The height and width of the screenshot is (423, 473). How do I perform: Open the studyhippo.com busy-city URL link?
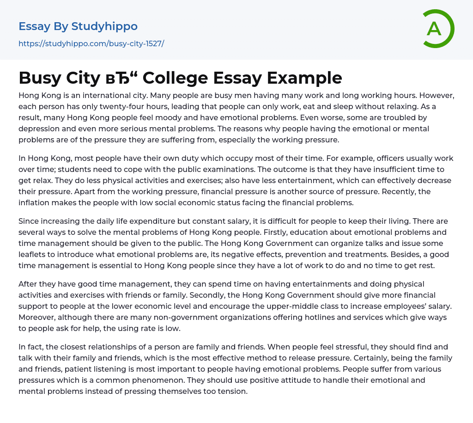pyautogui.click(x=91, y=44)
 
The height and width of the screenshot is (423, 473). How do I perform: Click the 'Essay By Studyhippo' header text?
pyautogui.click(x=78, y=26)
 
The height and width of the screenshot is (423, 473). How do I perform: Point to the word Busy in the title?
pyautogui.click(x=39, y=78)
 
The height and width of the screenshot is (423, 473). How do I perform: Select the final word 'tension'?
pyautogui.click(x=234, y=391)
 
